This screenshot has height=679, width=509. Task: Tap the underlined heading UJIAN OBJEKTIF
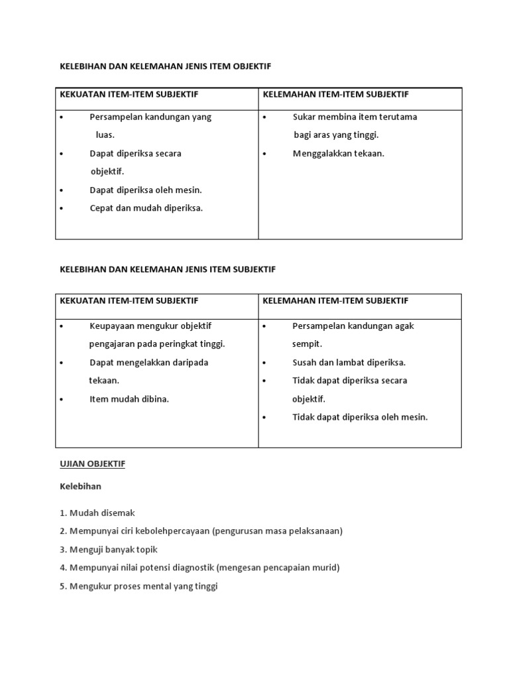click(x=92, y=464)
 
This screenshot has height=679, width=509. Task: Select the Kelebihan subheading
click(x=80, y=486)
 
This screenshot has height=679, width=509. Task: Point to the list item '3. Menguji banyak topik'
click(x=109, y=550)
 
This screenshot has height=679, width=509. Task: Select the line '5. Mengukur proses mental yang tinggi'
click(x=139, y=586)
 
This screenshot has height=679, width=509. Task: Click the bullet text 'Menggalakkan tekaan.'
click(x=338, y=154)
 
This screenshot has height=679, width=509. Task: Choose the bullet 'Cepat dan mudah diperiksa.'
click(x=146, y=208)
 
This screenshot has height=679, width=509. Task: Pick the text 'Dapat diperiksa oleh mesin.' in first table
click(x=146, y=190)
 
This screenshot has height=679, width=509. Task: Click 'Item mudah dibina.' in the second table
click(x=129, y=399)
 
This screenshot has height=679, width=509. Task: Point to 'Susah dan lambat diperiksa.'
click(x=349, y=363)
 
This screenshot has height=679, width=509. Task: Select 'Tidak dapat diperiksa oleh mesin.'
click(x=360, y=417)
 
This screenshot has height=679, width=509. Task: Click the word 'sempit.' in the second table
click(x=307, y=344)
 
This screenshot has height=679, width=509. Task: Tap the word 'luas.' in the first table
click(x=105, y=135)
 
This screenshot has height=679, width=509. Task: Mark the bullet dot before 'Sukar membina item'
click(x=264, y=117)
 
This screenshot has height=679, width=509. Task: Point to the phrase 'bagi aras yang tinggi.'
click(x=336, y=135)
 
